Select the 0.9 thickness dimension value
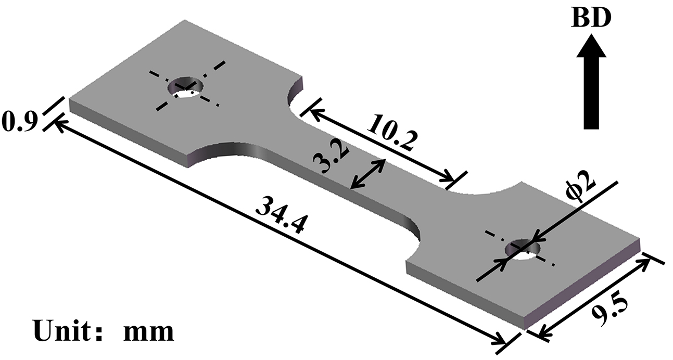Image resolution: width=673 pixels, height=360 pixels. coord(18,123)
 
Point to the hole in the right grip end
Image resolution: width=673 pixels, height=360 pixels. coord(525,249)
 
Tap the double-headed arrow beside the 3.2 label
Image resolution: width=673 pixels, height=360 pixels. coord(368,174)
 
